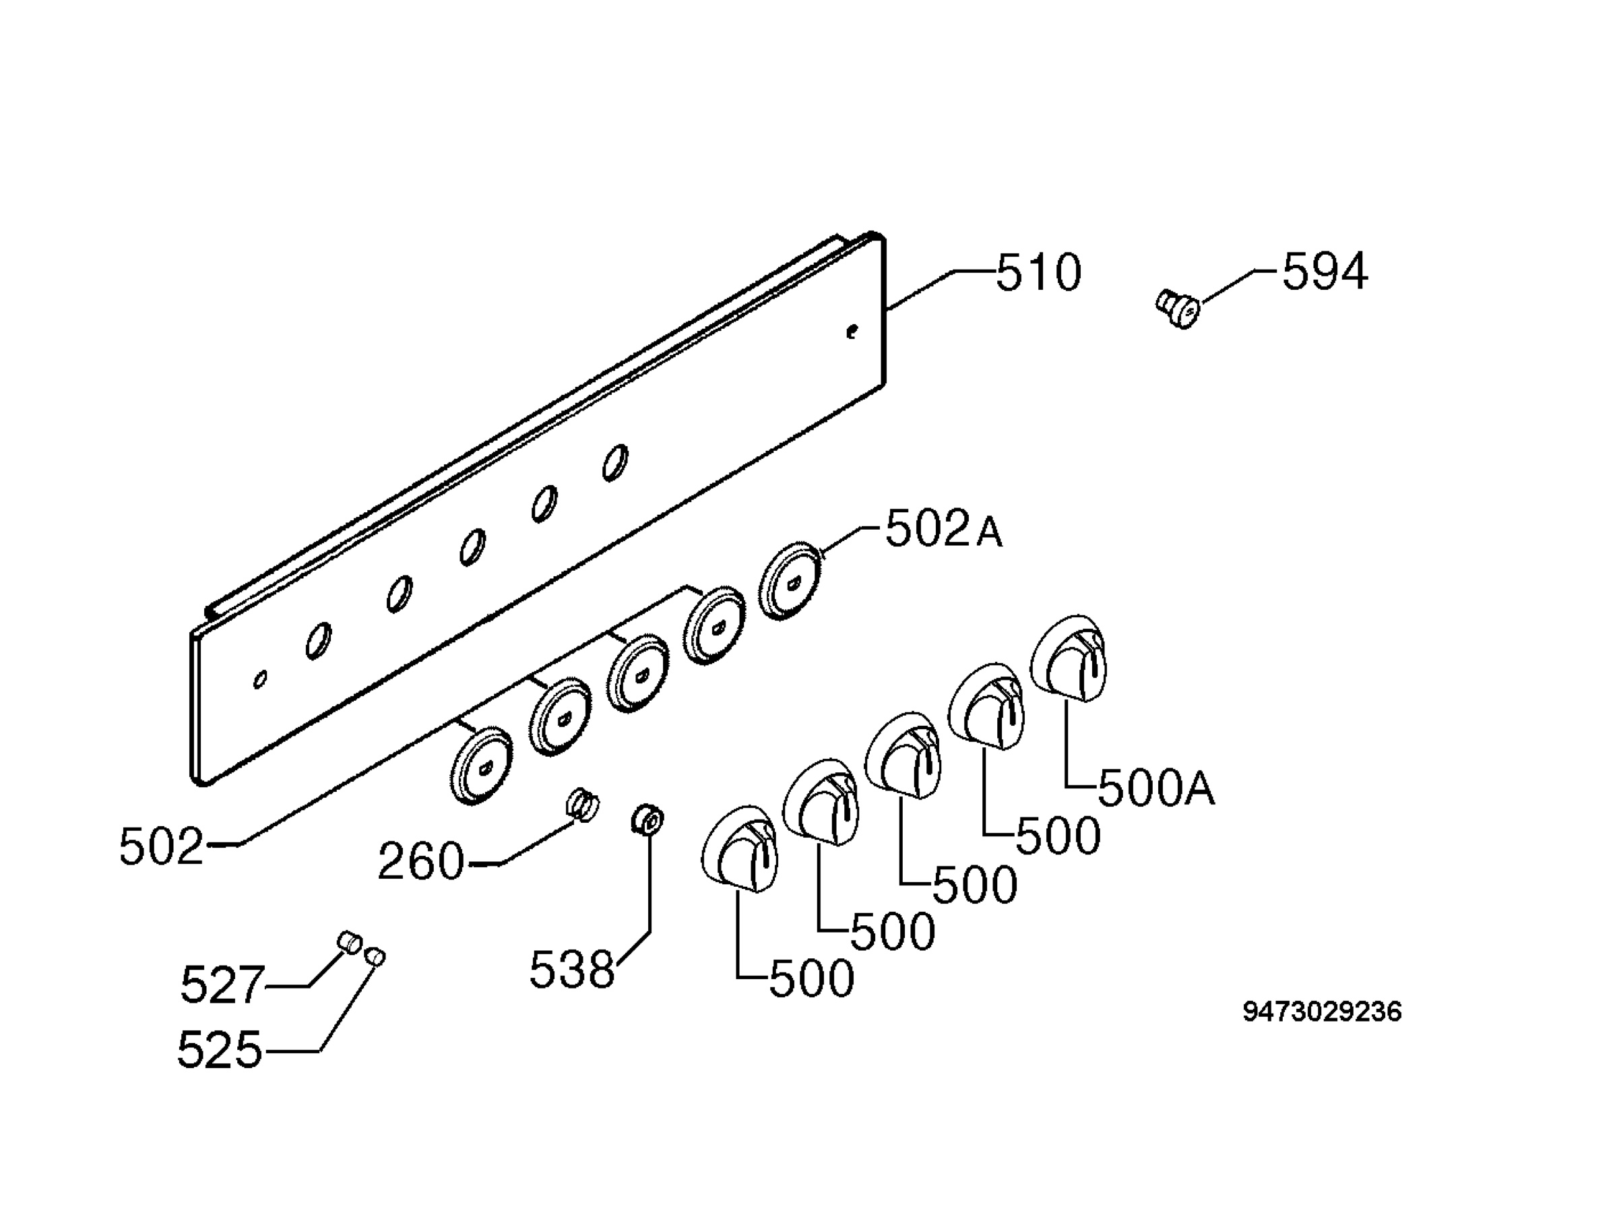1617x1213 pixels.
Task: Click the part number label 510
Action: point(1039,273)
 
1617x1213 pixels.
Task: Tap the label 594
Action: point(1325,272)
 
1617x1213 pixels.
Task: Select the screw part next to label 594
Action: point(1178,309)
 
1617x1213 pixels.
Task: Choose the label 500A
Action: point(1156,788)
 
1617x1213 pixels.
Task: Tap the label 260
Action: point(421,861)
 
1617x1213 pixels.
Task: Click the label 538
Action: point(571,970)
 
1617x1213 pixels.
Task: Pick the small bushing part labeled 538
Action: point(647,819)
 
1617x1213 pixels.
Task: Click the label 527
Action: point(222,984)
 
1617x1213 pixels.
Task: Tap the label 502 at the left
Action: point(161,846)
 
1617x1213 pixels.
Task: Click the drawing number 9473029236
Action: point(1323,1012)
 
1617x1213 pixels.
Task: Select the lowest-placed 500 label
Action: point(811,979)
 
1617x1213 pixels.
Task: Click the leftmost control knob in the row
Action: point(740,849)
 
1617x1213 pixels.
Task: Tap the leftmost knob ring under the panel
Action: point(481,766)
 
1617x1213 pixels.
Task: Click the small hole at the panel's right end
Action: point(851,332)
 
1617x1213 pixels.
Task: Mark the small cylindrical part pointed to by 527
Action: point(349,941)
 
